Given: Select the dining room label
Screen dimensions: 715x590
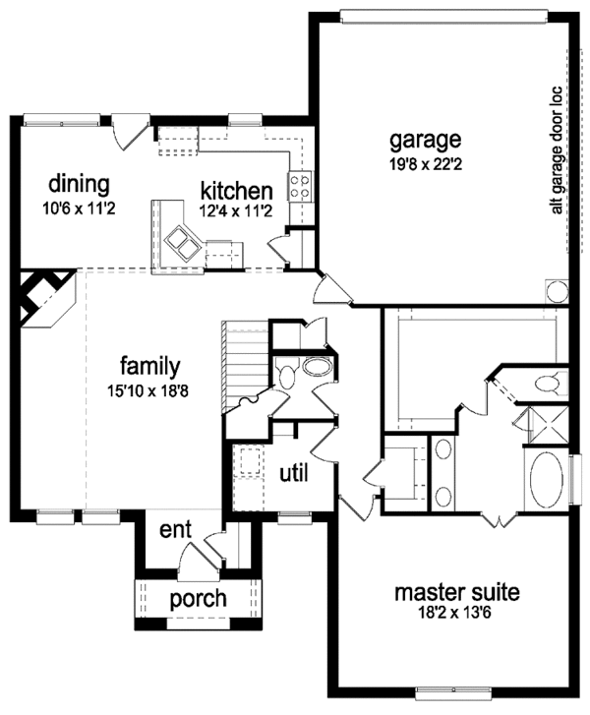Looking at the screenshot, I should tap(79, 184).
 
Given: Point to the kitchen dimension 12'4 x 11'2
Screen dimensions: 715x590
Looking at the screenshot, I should tap(236, 210).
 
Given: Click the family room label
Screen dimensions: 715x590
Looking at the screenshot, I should tap(145, 367).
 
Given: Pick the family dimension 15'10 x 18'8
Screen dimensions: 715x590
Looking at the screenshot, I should tap(145, 390).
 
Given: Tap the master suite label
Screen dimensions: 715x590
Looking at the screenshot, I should tap(456, 593).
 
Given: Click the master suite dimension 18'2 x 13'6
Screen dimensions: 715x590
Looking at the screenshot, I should tap(456, 614).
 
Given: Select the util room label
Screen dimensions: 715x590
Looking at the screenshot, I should tap(293, 473).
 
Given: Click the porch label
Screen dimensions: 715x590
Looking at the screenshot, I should tap(199, 598).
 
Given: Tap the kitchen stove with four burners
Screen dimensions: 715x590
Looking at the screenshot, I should tap(300, 183).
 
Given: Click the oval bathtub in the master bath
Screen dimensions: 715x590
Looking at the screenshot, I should tap(545, 479).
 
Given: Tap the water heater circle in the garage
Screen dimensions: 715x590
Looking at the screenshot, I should tap(557, 292).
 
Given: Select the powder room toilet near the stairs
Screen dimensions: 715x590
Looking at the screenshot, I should tap(285, 374).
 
